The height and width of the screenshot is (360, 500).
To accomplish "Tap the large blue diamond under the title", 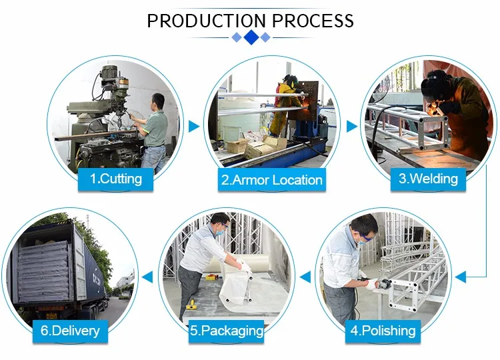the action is pyautogui.click(x=251, y=37).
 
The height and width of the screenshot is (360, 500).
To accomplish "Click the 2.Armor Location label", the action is pyautogui.click(x=271, y=179).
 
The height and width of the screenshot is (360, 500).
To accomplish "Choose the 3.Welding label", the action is pyautogui.click(x=428, y=178).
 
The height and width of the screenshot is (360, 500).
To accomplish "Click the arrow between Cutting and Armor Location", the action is pyautogui.click(x=194, y=126).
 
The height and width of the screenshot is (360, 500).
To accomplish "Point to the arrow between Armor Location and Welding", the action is pyautogui.click(x=351, y=126).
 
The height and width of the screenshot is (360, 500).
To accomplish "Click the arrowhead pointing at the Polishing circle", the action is pyautogui.click(x=460, y=274).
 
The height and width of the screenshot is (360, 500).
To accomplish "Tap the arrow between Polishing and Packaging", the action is pyautogui.click(x=305, y=274).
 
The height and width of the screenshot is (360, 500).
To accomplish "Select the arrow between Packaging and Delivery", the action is pyautogui.click(x=147, y=274).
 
